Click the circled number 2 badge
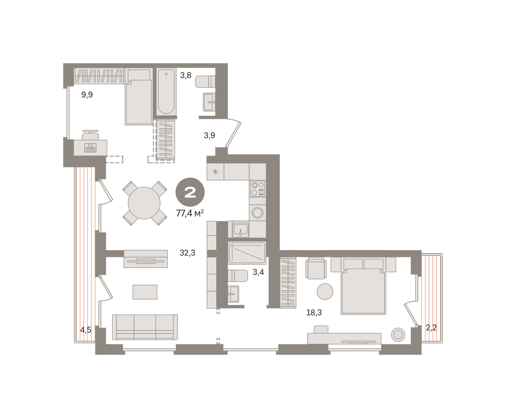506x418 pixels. pos(190,192)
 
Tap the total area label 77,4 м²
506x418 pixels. pos(190,213)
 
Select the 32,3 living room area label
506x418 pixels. pos(187,253)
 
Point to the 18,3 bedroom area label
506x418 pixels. pos(314,313)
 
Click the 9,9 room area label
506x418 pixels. pos(87,95)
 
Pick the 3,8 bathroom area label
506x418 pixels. pos(186,75)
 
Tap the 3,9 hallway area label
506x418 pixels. pos(210,135)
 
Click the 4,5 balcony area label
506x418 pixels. pos(86,330)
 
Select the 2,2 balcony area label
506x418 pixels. pos(431,328)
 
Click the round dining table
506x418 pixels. pos(144,203)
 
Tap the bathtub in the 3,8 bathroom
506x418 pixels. pos(166,92)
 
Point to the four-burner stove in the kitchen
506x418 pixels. pos(258,189)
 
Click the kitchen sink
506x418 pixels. pos(240,229)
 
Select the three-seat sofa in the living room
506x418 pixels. pos(145,327)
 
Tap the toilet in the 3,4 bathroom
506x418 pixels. pos(238,276)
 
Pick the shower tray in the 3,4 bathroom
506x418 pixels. pos(247,253)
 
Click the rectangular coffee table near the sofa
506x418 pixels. pos(145,292)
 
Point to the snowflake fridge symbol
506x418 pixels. pos(215,172)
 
